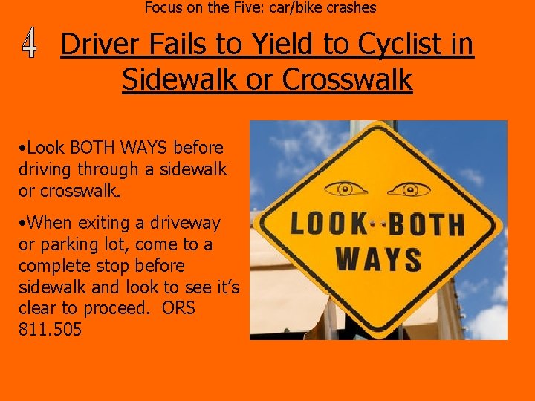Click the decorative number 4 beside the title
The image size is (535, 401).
(x=29, y=45)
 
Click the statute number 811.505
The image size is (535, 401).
(x=50, y=329)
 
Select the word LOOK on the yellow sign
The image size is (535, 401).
(x=328, y=224)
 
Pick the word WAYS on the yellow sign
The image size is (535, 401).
(x=378, y=260)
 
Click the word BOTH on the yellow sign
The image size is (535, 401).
(x=428, y=224)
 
